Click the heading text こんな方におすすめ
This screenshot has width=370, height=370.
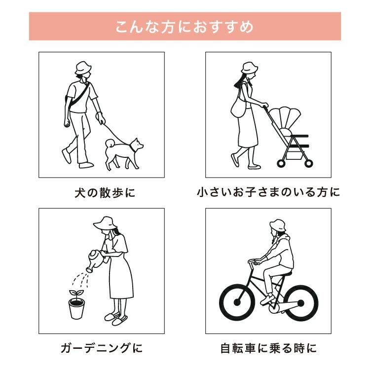[x=185, y=26]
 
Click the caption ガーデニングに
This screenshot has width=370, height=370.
[x=102, y=349]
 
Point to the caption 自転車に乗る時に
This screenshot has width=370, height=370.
[x=268, y=349]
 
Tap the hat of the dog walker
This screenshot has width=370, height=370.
[x=83, y=68]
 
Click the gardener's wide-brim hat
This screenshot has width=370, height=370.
[x=105, y=223]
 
